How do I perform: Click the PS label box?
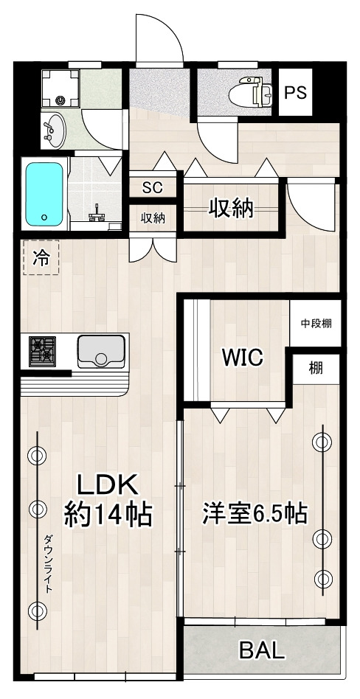tap(296, 93)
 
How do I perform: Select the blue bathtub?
tap(45, 195)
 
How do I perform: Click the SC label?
tap(152, 187)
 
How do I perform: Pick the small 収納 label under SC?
tap(153, 218)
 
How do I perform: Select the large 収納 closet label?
tap(230, 209)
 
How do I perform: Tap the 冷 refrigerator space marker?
tap(41, 258)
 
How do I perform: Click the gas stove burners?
tap(43, 349)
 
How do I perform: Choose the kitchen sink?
tap(101, 349)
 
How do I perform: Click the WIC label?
tap(243, 358)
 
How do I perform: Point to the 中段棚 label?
tap(315, 324)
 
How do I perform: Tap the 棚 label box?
tap(316, 368)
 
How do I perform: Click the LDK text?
tap(108, 485)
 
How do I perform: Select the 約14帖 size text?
tap(108, 513)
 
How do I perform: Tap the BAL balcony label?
tap(261, 650)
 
